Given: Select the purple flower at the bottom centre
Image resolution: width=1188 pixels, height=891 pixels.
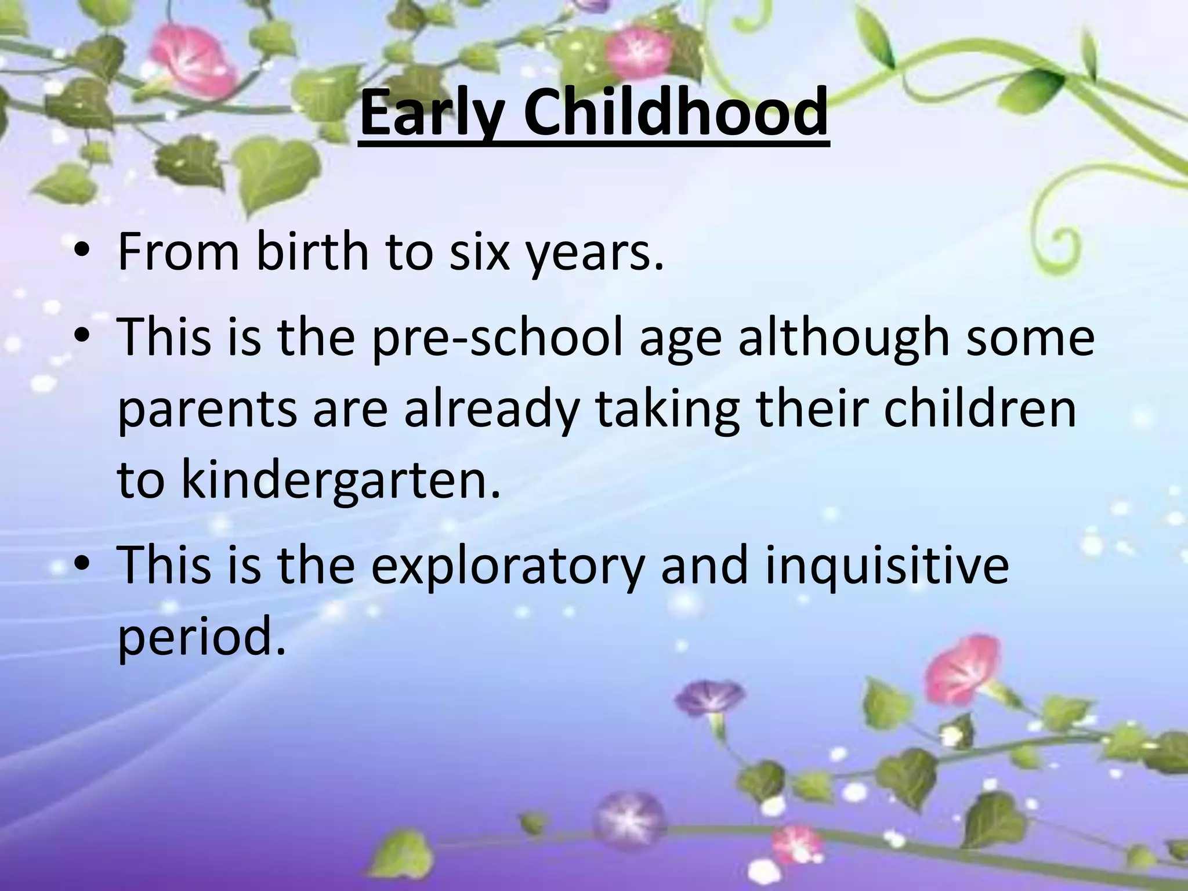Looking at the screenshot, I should click(630, 818).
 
